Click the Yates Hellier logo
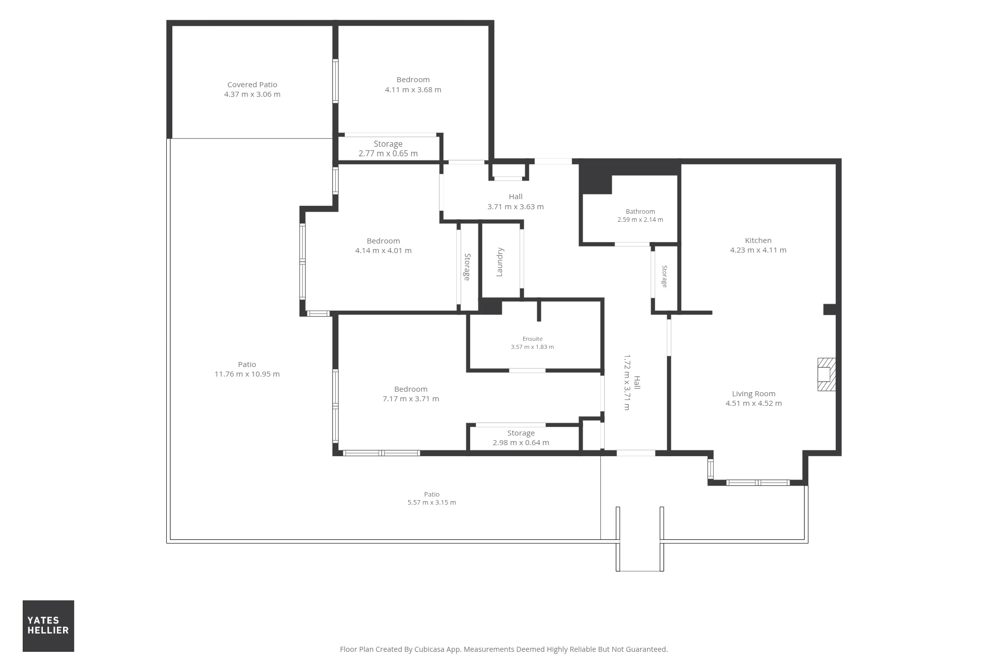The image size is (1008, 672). tap(48, 626)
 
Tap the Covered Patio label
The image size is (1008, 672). tap(252, 85)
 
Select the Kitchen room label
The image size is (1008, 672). tap(758, 240)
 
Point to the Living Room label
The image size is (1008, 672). tap(753, 394)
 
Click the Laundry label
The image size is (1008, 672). tap(500, 262)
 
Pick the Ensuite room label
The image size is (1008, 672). tap(532, 339)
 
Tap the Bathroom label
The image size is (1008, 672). tap(640, 212)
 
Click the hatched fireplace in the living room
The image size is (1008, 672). tap(827, 374)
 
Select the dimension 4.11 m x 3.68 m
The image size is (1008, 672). tap(413, 90)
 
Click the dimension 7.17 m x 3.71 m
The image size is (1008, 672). tap(411, 399)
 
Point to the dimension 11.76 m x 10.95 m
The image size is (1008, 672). tap(247, 374)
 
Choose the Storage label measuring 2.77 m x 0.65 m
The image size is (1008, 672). tap(388, 144)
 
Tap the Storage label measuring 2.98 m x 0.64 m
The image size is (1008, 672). tap(521, 433)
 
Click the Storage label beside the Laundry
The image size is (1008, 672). tap(467, 267)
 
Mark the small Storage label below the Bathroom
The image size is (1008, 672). tap(664, 276)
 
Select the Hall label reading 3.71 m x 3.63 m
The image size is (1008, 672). tap(516, 197)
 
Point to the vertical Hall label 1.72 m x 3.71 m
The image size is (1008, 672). tap(637, 383)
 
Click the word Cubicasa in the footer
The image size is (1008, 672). tap(428, 649)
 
